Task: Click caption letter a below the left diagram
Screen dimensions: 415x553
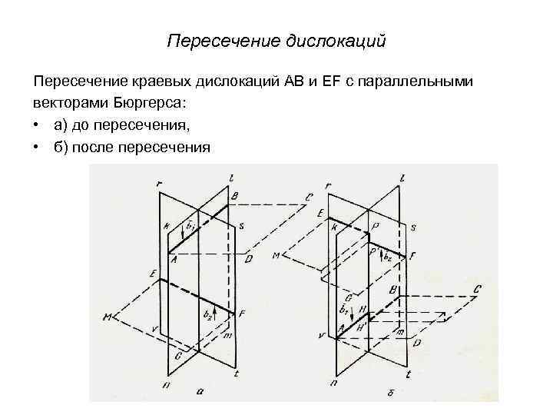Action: [x=200, y=391]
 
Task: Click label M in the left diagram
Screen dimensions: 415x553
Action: [x=107, y=317]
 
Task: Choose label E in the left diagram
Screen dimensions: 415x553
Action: [x=154, y=274]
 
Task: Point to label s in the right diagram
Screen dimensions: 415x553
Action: [x=414, y=228]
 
